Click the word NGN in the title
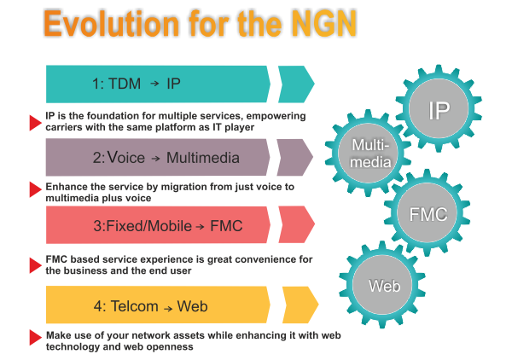(x=324, y=24)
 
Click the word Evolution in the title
(x=111, y=24)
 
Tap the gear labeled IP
(x=439, y=108)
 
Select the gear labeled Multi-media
(x=368, y=153)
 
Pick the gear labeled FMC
(x=428, y=212)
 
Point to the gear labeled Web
(x=382, y=285)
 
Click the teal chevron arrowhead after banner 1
(x=296, y=84)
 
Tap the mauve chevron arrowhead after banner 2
(x=295, y=157)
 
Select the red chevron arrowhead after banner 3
(x=296, y=224)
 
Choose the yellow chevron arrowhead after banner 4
(x=300, y=305)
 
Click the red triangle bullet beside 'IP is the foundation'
(x=35, y=123)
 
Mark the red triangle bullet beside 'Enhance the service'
(x=35, y=189)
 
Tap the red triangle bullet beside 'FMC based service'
(x=35, y=265)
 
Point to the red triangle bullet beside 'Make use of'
(x=35, y=338)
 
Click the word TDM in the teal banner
(x=125, y=84)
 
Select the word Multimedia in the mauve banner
(x=203, y=158)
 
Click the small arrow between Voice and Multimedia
(x=156, y=159)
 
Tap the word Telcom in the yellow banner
(x=135, y=306)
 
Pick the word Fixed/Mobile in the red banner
(x=148, y=226)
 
